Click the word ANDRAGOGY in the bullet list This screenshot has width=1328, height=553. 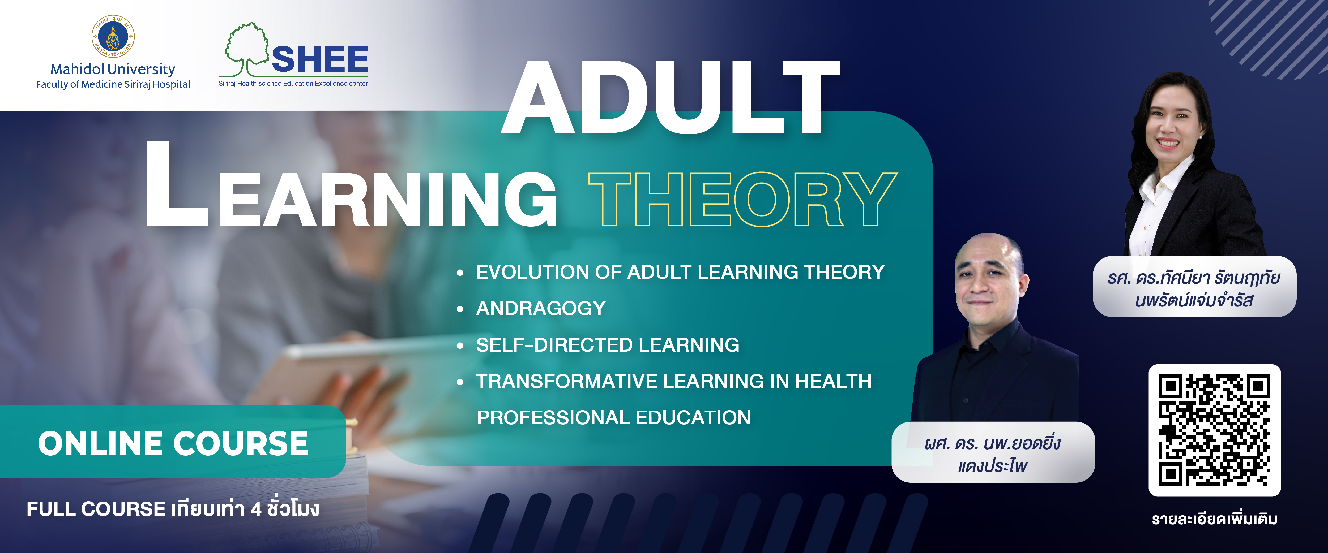click(541, 308)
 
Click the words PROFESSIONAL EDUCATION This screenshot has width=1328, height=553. click(614, 417)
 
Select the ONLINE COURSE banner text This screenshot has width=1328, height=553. click(173, 443)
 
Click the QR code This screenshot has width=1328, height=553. click(1215, 430)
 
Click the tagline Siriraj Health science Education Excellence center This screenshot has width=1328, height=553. click(293, 84)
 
